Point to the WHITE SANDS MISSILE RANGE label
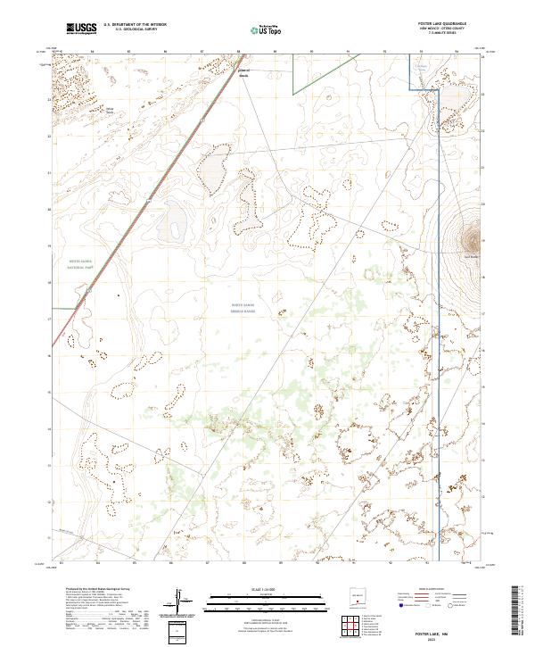point(243,308)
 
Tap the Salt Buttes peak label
point(470,257)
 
